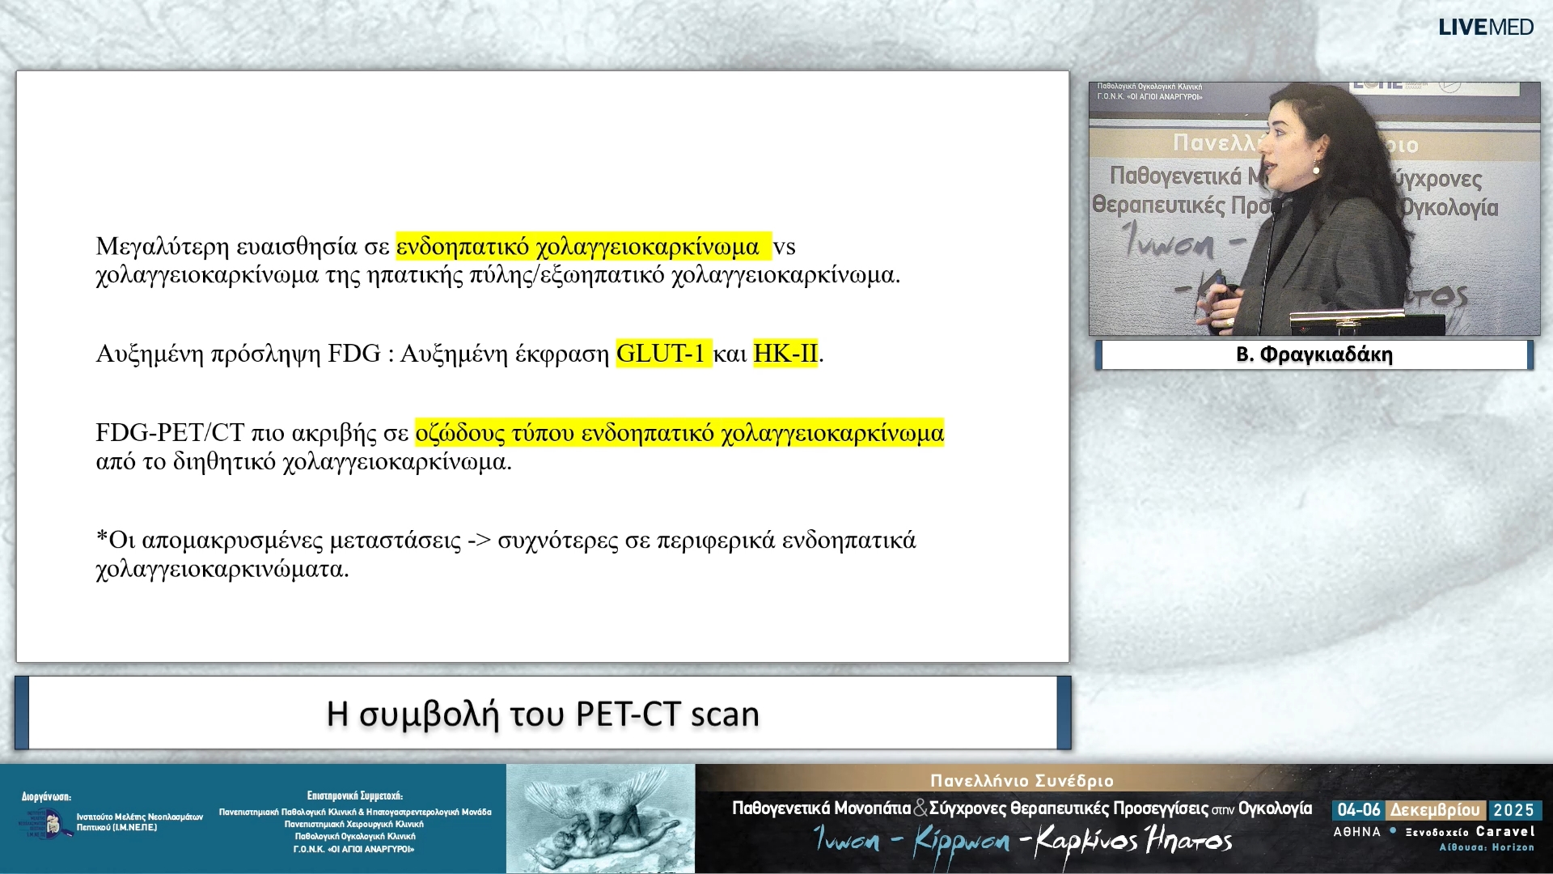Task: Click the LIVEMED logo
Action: point(1485,28)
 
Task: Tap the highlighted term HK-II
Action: point(785,354)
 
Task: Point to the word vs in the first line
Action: point(784,247)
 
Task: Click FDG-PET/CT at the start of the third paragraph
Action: point(169,433)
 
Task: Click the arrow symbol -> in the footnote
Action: point(479,541)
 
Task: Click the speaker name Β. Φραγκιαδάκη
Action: point(1314,354)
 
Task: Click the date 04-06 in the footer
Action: point(1358,810)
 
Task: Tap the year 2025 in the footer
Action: point(1513,810)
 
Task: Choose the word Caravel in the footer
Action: point(1504,831)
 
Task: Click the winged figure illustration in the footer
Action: point(600,819)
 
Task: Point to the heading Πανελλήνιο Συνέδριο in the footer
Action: point(1022,781)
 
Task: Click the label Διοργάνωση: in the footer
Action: point(46,797)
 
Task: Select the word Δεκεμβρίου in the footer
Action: point(1435,810)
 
